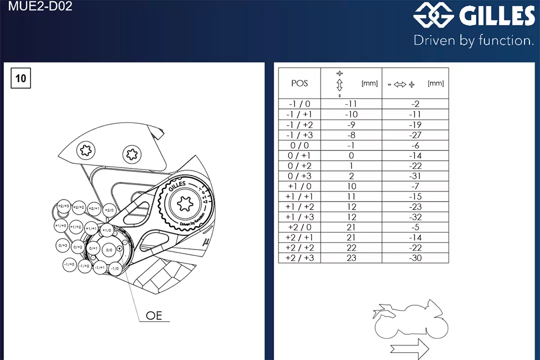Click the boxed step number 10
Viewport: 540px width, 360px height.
point(20,78)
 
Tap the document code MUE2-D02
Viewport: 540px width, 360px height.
point(40,7)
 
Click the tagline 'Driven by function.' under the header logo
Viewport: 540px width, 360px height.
point(473,40)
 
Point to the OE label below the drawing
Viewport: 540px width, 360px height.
point(154,315)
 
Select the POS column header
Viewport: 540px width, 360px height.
point(299,83)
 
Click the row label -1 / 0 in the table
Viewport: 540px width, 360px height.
point(299,104)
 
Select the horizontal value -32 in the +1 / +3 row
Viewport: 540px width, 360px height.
point(415,217)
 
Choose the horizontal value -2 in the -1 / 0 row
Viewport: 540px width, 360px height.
point(415,104)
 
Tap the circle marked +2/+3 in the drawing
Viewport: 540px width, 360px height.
point(63,206)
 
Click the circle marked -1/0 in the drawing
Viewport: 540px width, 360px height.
point(115,268)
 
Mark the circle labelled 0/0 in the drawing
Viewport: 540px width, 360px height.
point(109,249)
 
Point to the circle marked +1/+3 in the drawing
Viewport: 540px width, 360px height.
point(61,226)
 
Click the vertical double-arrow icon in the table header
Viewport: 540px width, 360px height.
point(339,83)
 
